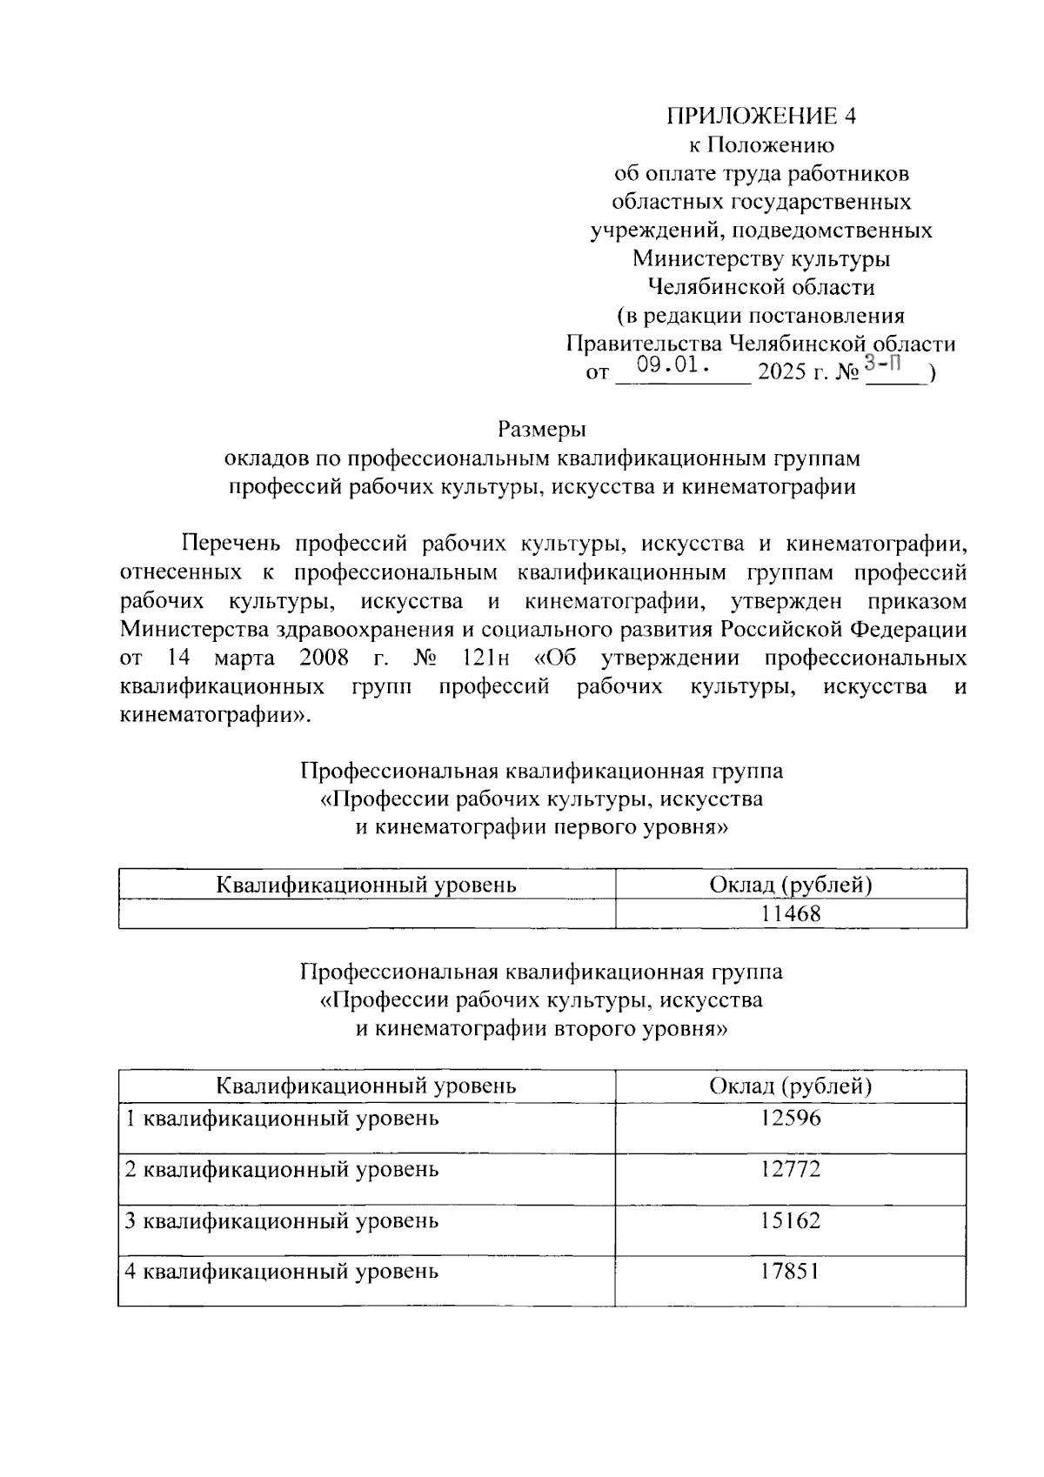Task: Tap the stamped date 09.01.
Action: point(674,365)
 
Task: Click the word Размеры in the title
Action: point(542,430)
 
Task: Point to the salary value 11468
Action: point(791,914)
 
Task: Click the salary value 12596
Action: point(791,1118)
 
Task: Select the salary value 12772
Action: point(791,1169)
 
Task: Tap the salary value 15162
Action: point(791,1220)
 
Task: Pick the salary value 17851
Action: point(791,1272)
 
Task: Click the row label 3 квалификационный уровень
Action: point(282,1221)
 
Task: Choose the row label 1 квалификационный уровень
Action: point(282,1119)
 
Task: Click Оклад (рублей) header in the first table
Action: point(791,886)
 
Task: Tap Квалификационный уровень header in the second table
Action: point(366,1086)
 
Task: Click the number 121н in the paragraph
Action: point(481,658)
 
